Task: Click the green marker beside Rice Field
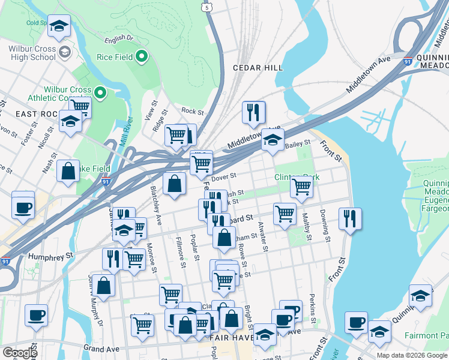pyautogui.click(x=142, y=57)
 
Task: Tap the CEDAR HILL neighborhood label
pyautogui.click(x=258, y=68)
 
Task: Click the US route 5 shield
pyautogui.click(x=207, y=7)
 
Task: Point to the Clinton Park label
pyautogui.click(x=297, y=177)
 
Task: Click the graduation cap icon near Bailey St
pyautogui.click(x=273, y=140)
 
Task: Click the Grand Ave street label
pyautogui.click(x=103, y=348)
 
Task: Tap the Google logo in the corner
pyautogui.click(x=20, y=353)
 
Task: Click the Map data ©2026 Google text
pyautogui.click(x=412, y=355)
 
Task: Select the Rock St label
pyautogui.click(x=192, y=111)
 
